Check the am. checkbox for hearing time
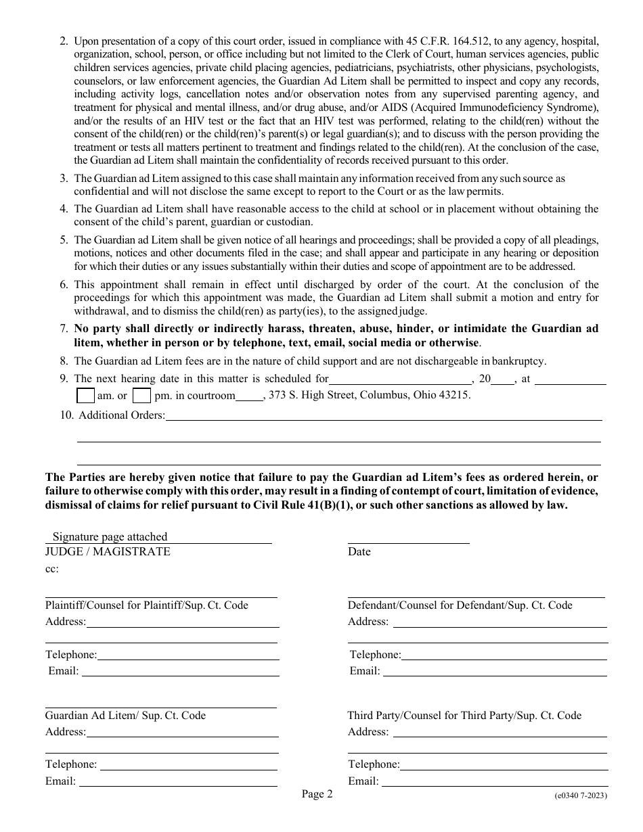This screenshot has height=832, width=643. pos(85,395)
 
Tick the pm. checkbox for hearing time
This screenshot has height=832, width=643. pos(141,395)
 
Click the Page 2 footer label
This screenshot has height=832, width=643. pos(317,795)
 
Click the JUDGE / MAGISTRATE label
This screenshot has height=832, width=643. pos(108,551)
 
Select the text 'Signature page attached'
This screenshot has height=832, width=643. pos(110,536)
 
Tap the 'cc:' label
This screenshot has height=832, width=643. pos(52,569)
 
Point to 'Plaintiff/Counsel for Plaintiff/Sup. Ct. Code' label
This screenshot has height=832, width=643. pos(147,605)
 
